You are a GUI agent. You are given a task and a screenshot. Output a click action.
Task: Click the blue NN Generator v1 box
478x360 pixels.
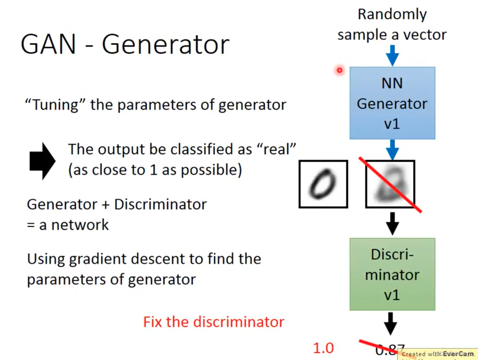pyautogui.click(x=392, y=103)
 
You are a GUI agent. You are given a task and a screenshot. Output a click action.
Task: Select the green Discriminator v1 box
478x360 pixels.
pyautogui.click(x=392, y=274)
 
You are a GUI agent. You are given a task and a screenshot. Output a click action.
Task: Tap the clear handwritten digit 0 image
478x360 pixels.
pyautogui.click(x=323, y=184)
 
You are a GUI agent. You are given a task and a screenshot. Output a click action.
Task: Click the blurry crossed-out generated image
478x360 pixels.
pyautogui.click(x=390, y=184)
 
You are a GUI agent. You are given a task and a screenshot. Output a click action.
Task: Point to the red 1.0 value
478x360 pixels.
pyautogui.click(x=323, y=348)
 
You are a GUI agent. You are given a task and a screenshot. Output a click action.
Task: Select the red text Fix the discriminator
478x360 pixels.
pyautogui.click(x=214, y=322)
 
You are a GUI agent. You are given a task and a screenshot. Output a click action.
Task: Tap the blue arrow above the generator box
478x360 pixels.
pyautogui.click(x=392, y=55)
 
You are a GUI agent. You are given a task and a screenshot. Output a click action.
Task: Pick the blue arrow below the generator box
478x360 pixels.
pyautogui.click(x=392, y=149)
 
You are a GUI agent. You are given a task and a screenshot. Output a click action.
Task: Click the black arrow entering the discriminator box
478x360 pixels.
pyautogui.click(x=392, y=223)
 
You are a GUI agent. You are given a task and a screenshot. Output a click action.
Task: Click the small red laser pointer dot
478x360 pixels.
pyautogui.click(x=340, y=71)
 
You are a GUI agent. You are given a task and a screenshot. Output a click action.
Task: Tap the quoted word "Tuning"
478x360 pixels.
pyautogui.click(x=55, y=105)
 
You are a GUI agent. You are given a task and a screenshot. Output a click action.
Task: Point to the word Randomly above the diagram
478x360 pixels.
pyautogui.click(x=392, y=14)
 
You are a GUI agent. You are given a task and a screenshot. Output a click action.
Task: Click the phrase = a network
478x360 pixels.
pyautogui.click(x=68, y=225)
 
